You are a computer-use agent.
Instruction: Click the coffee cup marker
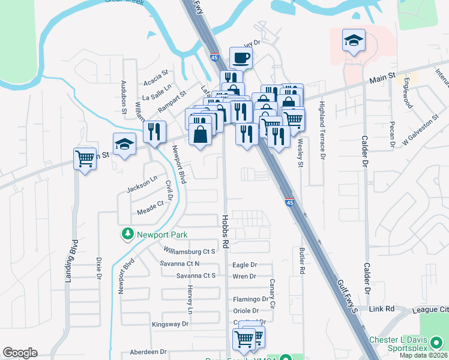tap(241, 58)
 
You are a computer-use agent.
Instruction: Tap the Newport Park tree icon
tap(127, 234)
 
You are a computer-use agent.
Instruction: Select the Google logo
tap(20, 353)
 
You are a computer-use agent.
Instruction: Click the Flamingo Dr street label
tap(250, 299)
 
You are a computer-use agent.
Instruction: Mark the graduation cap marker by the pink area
tap(354, 41)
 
